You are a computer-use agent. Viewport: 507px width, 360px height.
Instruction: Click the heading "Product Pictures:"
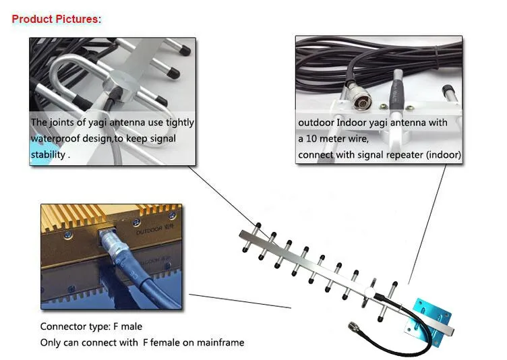click(57, 19)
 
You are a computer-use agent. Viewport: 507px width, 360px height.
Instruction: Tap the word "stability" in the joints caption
click(49, 154)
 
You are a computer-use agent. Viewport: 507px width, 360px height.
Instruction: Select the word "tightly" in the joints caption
click(179, 123)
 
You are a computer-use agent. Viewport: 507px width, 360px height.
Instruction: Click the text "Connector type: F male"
click(91, 327)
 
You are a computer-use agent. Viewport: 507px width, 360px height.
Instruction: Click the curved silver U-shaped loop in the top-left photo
click(54, 81)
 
